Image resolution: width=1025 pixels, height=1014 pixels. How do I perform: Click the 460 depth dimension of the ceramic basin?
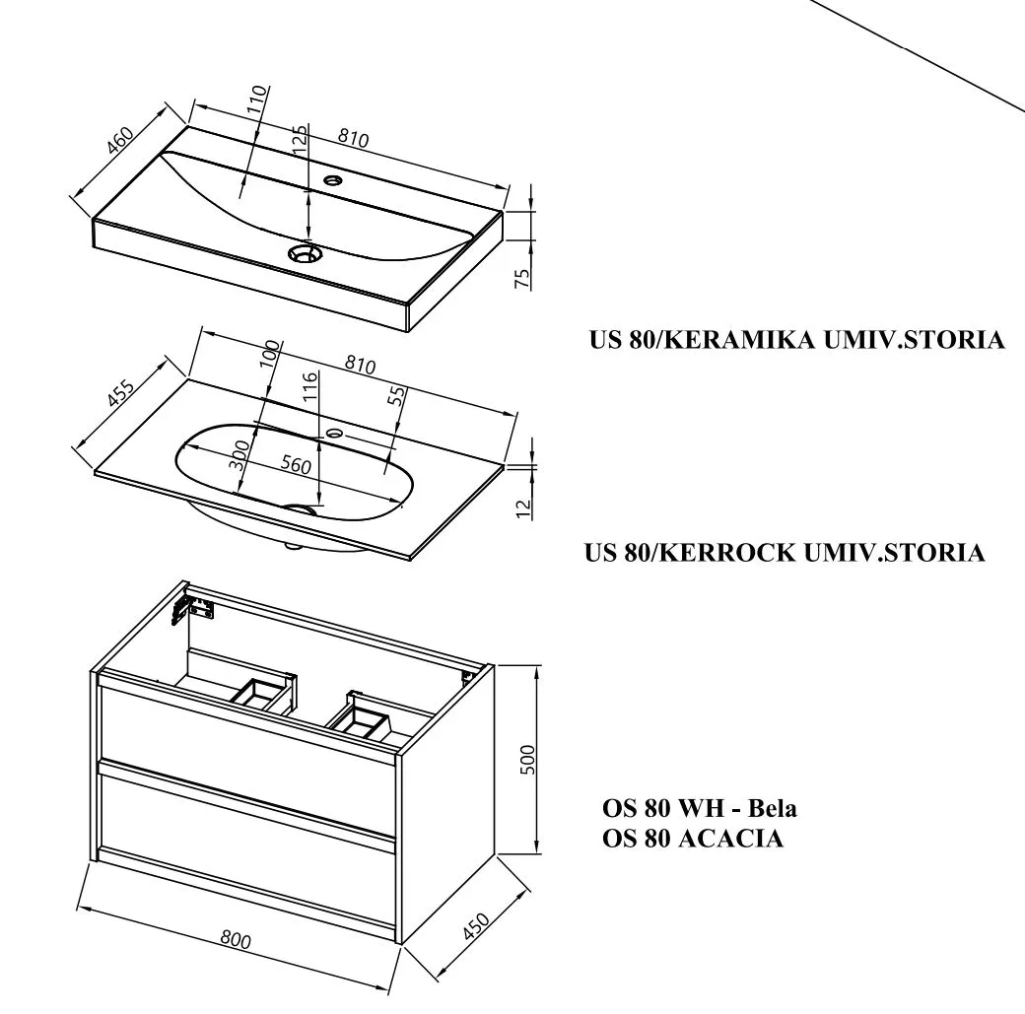click(120, 141)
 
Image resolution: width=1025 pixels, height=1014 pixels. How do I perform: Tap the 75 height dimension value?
click(523, 276)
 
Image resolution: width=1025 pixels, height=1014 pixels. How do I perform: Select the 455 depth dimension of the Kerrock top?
click(121, 393)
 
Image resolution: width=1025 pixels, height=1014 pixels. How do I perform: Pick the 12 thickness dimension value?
click(523, 507)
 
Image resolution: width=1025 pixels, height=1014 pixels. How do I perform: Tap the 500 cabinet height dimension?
click(527, 759)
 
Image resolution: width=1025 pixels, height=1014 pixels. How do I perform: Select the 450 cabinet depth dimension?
click(476, 927)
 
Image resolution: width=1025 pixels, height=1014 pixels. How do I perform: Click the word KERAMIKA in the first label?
click(734, 340)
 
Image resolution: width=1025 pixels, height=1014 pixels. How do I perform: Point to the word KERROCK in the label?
click(727, 552)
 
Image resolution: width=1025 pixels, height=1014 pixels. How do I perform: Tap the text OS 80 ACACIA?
click(693, 839)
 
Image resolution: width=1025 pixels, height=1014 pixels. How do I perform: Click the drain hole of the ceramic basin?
click(305, 253)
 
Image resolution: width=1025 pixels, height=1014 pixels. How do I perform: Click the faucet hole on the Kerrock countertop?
click(334, 432)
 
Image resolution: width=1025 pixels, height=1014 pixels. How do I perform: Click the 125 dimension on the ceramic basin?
click(301, 145)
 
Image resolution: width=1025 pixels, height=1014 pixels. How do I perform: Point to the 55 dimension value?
click(396, 397)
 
